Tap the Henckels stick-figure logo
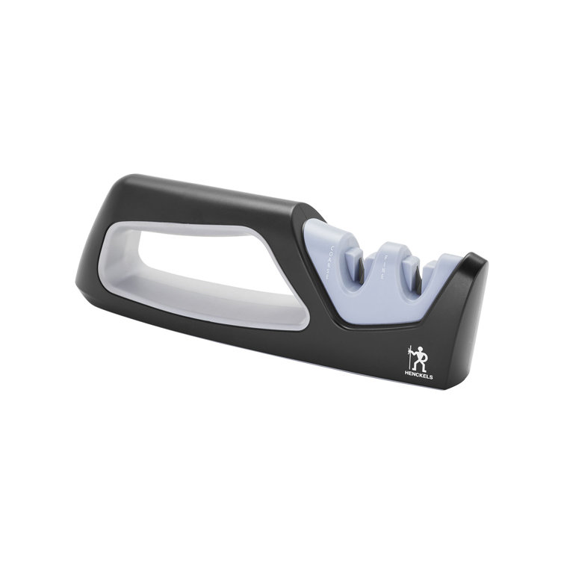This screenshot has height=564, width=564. (x=418, y=359)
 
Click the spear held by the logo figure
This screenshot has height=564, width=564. (x=410, y=359)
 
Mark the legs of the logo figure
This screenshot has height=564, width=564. (x=421, y=366)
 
